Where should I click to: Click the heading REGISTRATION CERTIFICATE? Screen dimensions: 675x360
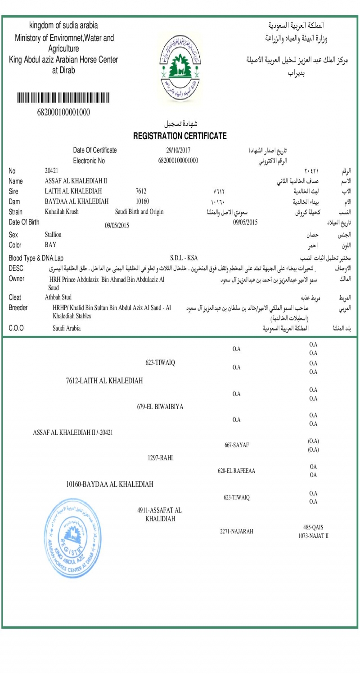(x=180, y=136)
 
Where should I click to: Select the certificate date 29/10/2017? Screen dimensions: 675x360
(x=178, y=150)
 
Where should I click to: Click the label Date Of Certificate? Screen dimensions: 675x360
(x=95, y=150)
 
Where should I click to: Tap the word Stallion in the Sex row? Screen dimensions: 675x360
(x=53, y=234)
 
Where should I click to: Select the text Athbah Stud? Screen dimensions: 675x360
(x=58, y=297)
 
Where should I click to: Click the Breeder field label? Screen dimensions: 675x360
(x=18, y=307)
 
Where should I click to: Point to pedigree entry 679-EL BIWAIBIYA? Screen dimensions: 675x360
(x=160, y=407)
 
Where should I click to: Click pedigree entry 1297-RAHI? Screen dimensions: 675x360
(x=161, y=458)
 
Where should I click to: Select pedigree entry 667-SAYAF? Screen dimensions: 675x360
(x=237, y=445)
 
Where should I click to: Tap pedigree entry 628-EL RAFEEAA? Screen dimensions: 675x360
(x=237, y=471)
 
